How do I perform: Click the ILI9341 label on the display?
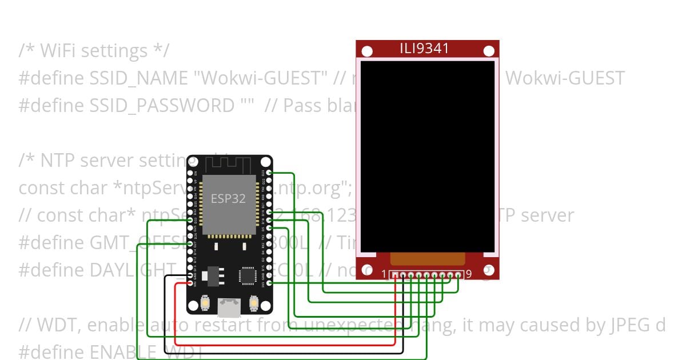(x=424, y=49)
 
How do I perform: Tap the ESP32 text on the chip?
(x=228, y=199)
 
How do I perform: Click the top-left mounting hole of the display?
(x=367, y=51)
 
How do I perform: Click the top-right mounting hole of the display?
(x=489, y=51)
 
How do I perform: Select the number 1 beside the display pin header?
(x=384, y=274)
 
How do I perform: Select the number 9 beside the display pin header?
(x=468, y=274)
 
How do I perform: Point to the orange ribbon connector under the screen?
(x=428, y=259)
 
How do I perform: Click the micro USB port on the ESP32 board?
(x=229, y=309)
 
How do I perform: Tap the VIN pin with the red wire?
(x=190, y=283)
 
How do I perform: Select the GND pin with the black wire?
(x=190, y=275)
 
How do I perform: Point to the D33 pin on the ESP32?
(x=190, y=219)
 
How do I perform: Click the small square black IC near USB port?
(x=248, y=275)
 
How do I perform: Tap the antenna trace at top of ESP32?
(x=229, y=163)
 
